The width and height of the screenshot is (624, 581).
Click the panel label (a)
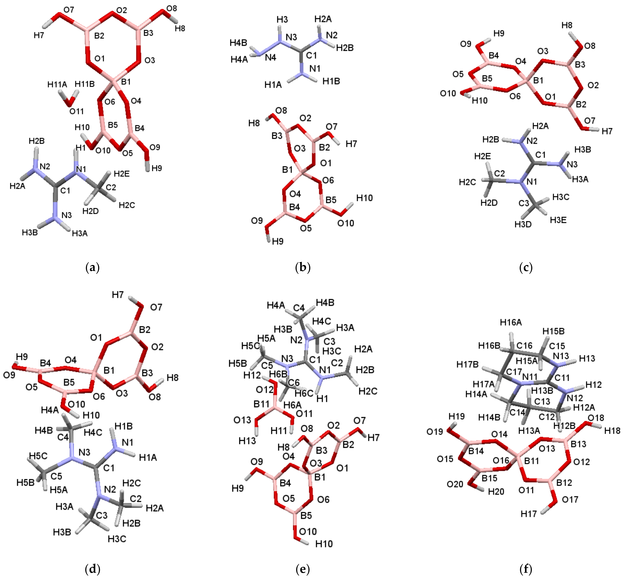tap(92, 268)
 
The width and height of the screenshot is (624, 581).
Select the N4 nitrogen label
tap(271, 57)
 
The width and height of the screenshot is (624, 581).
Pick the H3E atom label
tap(558, 220)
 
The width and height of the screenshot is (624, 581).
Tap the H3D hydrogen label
tap(523, 224)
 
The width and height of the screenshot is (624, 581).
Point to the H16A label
tap(511, 322)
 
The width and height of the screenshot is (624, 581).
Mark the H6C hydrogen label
tap(304, 393)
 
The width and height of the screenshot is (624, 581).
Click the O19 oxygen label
tap(435, 432)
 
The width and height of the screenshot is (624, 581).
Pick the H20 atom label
tap(496, 491)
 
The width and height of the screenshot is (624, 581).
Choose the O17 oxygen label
tap(570, 499)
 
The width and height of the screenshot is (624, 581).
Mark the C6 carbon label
tap(294, 382)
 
